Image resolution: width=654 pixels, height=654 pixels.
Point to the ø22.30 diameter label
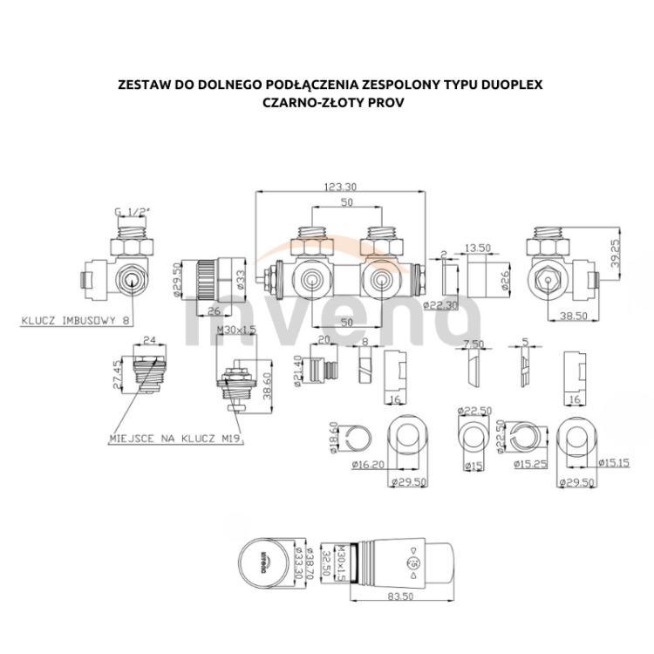point(441,305)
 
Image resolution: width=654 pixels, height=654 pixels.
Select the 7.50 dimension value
point(474,343)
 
